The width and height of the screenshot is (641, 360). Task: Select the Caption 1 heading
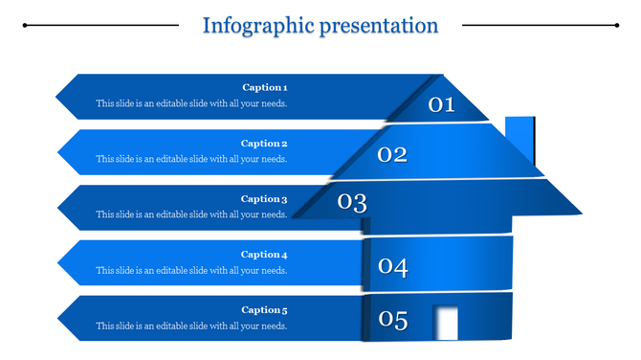pyautogui.click(x=264, y=88)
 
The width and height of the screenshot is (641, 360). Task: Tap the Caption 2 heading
pyautogui.click(x=264, y=144)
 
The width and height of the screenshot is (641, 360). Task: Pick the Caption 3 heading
pyautogui.click(x=264, y=199)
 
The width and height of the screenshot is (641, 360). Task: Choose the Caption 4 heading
pyautogui.click(x=264, y=255)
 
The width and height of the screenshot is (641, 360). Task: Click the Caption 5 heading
pyautogui.click(x=264, y=310)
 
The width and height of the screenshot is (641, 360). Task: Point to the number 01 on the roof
pyautogui.click(x=441, y=104)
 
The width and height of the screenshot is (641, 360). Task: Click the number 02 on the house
pyautogui.click(x=392, y=154)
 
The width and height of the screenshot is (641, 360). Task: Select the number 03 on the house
pyautogui.click(x=352, y=202)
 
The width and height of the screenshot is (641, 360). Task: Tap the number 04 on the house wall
pyautogui.click(x=392, y=267)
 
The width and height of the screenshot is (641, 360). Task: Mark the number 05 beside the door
pyautogui.click(x=392, y=320)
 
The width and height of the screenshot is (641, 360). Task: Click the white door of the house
pyautogui.click(x=445, y=322)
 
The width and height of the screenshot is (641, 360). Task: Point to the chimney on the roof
pyautogui.click(x=519, y=138)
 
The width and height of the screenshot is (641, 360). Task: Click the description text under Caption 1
pyautogui.click(x=191, y=103)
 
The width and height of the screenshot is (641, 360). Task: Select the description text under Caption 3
pyautogui.click(x=191, y=214)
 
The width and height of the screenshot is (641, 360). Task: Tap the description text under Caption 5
pyautogui.click(x=191, y=326)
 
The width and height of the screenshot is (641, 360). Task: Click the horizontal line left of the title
pyautogui.click(x=100, y=26)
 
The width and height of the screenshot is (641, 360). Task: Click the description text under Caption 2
pyautogui.click(x=191, y=159)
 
